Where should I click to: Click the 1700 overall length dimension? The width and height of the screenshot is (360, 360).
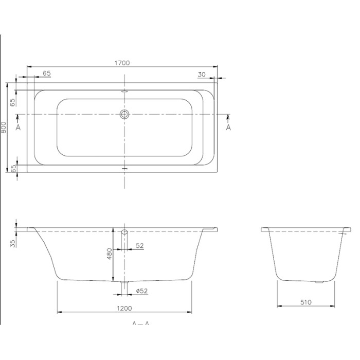coord(122,63)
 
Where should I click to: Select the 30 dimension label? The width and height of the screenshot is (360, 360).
coord(202,74)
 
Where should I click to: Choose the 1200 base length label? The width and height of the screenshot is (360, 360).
coord(124,308)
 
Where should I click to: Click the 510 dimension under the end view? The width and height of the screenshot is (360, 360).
coord(307,302)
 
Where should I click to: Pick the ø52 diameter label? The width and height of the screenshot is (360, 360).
coord(142,291)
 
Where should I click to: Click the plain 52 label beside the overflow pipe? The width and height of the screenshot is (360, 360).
coord(139,246)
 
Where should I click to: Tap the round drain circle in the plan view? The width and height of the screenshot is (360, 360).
coord(124,114)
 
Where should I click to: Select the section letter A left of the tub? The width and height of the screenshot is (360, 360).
coord(18,127)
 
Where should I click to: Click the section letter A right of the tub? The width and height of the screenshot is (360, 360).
coord(229,127)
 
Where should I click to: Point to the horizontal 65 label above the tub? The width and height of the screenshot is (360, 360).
coord(46,74)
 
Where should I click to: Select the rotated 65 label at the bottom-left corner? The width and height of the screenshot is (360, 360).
coord(13,167)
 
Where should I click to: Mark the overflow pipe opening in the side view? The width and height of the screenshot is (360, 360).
coord(124,232)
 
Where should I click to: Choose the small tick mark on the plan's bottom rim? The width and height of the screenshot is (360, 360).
coord(124,168)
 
